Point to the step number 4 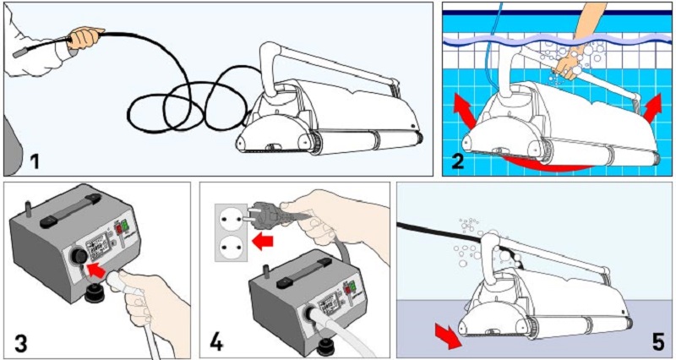217,342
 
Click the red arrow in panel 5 443,335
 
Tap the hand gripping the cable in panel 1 84,37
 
